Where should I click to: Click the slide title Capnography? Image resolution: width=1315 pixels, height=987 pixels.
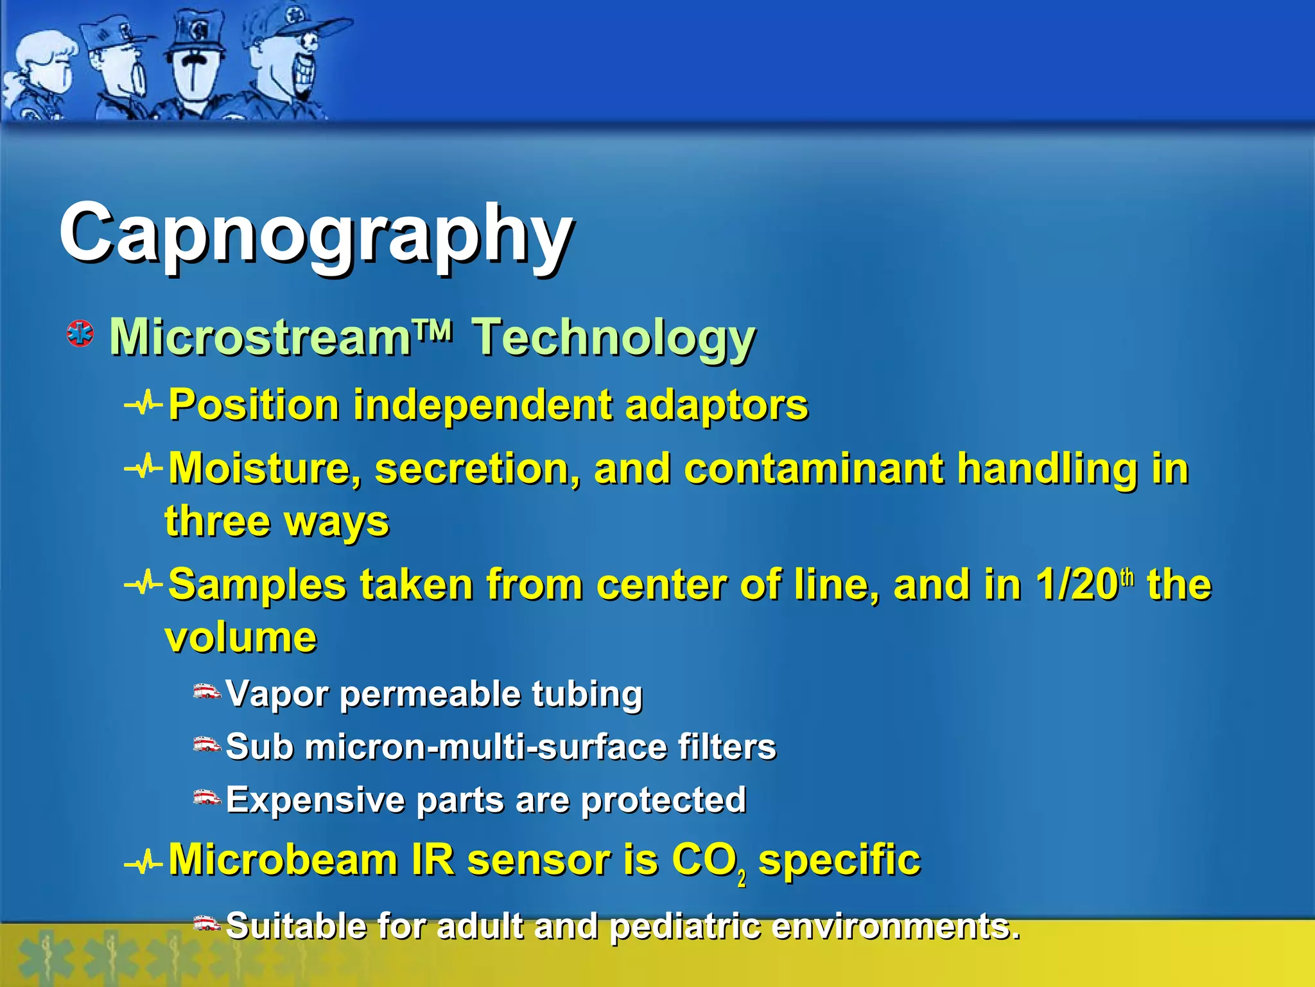coord(316,235)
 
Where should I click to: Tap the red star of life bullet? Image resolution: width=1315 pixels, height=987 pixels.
coord(80,334)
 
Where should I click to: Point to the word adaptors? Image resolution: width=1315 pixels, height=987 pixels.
coord(716,405)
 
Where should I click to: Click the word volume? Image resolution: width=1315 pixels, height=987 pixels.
coord(241,637)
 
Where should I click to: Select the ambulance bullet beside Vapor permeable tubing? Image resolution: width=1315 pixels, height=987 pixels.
coord(207,692)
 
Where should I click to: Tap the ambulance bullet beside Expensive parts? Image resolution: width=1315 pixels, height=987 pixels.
coord(207,798)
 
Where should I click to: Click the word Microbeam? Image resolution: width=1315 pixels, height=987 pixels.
coord(283,859)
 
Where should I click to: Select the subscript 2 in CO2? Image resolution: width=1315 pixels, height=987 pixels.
coord(742,877)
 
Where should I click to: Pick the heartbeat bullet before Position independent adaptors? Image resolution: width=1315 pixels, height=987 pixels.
coord(143,405)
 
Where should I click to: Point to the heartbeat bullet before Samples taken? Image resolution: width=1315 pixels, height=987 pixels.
coord(143,584)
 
